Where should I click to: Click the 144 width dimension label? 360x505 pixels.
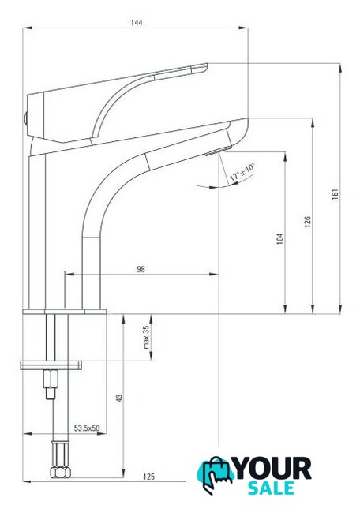click(x=137, y=23)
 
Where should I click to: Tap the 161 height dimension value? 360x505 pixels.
click(x=336, y=194)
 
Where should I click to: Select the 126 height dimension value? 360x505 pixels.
click(x=307, y=222)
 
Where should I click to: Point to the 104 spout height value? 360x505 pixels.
click(x=279, y=238)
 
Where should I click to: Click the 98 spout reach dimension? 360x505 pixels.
click(x=141, y=269)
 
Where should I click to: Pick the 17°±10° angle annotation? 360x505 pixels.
click(x=242, y=172)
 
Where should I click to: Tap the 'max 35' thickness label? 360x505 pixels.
click(x=146, y=337)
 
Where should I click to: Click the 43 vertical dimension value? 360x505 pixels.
click(x=119, y=398)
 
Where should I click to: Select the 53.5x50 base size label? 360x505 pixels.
click(x=87, y=428)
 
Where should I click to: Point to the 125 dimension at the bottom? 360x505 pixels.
click(x=148, y=477)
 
